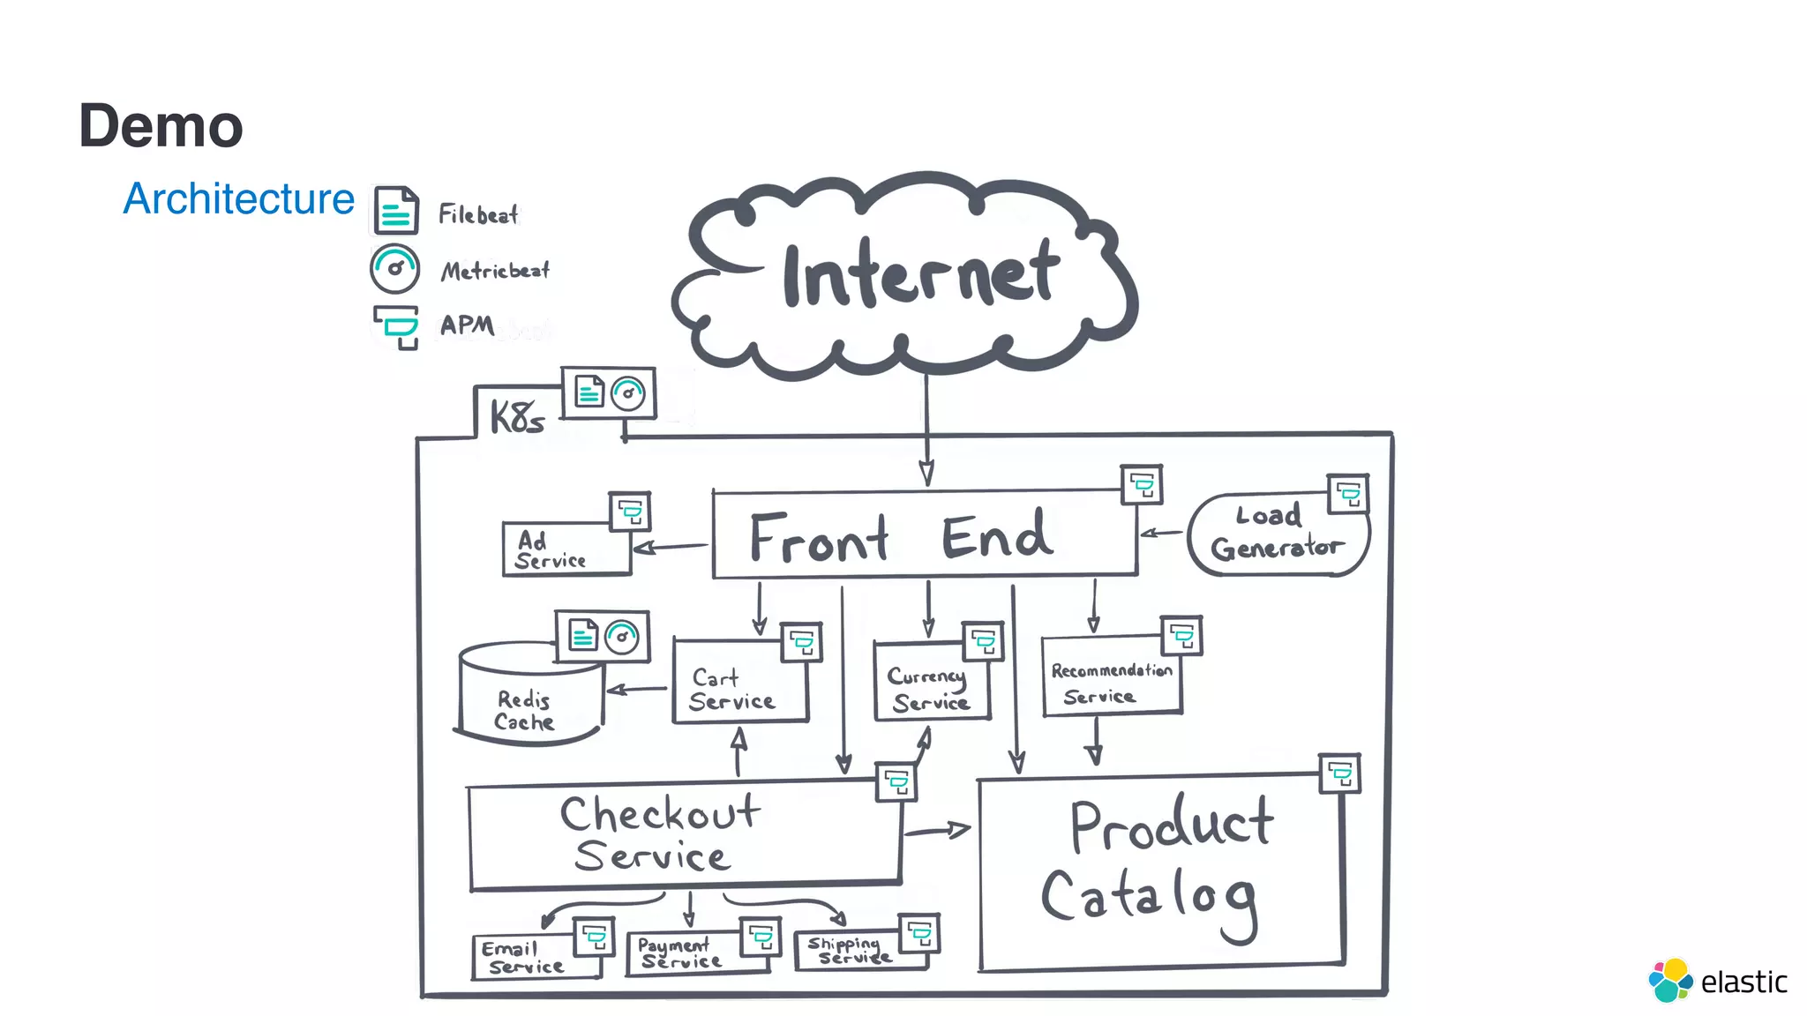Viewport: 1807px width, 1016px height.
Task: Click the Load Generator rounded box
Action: point(1275,534)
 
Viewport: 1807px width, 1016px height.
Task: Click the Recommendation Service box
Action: point(1110,683)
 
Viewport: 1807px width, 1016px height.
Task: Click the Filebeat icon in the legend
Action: point(395,210)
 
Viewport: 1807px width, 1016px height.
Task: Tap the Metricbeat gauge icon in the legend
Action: point(394,268)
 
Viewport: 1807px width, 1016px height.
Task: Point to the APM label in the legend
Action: point(467,325)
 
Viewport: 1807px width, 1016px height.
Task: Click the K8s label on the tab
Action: point(517,416)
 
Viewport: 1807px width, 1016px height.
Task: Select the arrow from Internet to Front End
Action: point(926,432)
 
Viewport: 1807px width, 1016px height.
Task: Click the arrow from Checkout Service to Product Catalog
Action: point(937,830)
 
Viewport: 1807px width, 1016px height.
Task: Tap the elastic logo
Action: point(1717,981)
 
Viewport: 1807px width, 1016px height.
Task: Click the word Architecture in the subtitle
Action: point(238,198)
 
